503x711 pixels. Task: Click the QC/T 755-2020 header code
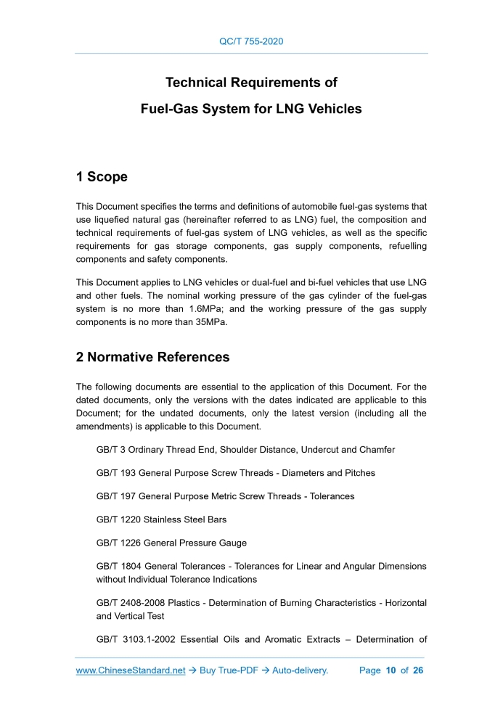(x=251, y=41)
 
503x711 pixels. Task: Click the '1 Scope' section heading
(x=102, y=177)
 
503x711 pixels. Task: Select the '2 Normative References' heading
(x=152, y=357)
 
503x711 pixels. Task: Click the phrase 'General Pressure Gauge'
(x=195, y=543)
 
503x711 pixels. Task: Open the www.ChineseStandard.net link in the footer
(x=131, y=670)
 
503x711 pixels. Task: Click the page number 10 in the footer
(x=390, y=670)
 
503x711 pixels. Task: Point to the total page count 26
(x=417, y=670)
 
